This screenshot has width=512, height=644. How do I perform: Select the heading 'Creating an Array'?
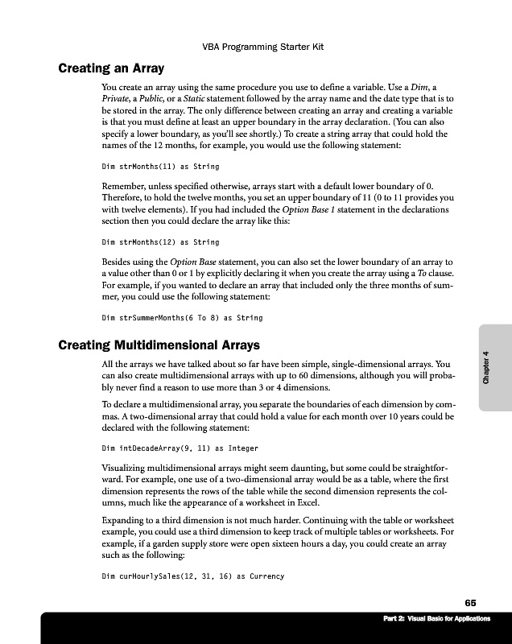(111, 68)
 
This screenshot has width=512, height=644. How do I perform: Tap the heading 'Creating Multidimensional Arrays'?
(159, 346)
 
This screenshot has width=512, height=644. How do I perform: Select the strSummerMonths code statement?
(182, 317)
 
